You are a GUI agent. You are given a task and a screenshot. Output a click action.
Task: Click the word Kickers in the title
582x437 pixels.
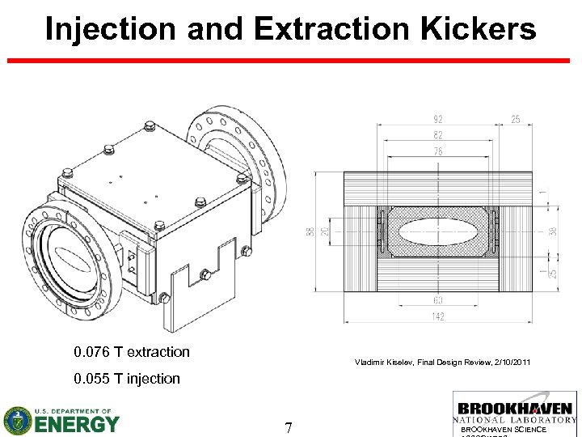(476, 29)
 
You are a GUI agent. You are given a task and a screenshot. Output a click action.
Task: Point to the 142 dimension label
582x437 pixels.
(437, 316)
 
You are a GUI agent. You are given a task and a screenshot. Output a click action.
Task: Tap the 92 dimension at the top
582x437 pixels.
(437, 119)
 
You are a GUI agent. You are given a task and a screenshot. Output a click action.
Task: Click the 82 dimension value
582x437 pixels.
(437, 135)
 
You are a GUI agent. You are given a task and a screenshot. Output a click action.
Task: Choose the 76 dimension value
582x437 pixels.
(437, 151)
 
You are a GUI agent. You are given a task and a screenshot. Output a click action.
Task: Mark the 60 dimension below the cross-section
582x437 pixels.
(437, 301)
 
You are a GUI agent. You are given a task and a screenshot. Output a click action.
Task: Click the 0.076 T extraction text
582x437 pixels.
(131, 352)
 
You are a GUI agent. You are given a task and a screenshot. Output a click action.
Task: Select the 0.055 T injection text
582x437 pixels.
(126, 379)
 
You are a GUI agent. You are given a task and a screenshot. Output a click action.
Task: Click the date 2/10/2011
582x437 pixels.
(511, 362)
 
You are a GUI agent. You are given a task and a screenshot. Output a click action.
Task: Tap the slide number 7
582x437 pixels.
(288, 426)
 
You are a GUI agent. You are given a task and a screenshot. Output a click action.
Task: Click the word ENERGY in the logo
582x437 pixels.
(76, 423)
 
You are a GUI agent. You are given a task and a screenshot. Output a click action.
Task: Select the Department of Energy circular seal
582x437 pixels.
(17, 420)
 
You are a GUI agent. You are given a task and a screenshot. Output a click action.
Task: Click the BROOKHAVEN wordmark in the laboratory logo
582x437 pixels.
(516, 409)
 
